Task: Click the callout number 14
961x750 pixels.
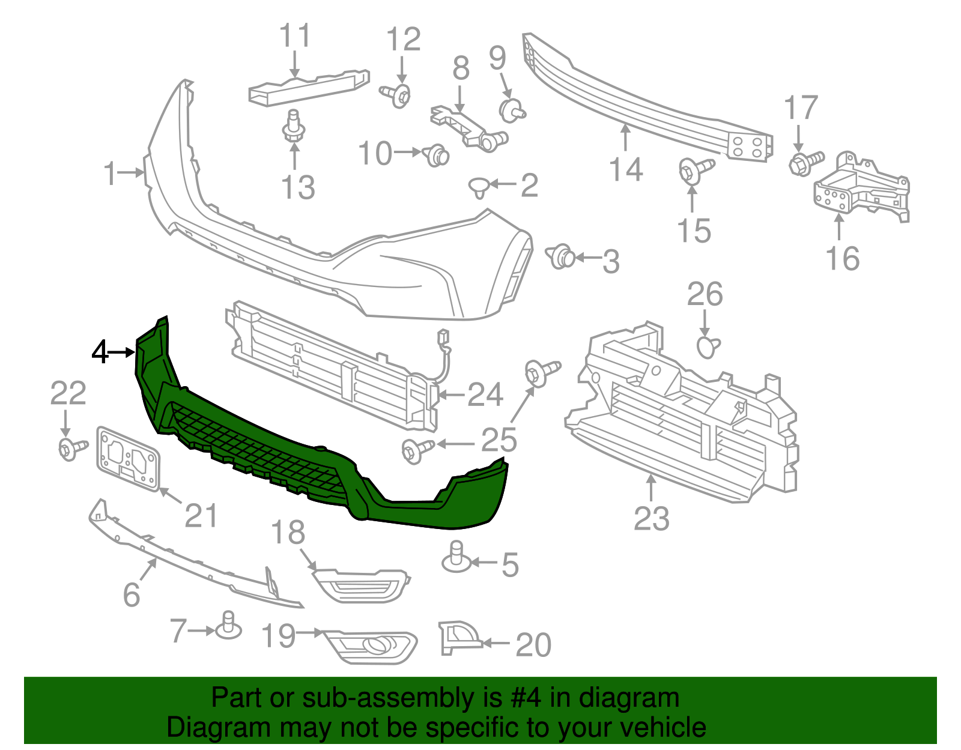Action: pyautogui.click(x=626, y=169)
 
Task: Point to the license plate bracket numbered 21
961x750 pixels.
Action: pyautogui.click(x=129, y=459)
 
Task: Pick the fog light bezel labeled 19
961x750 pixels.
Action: pyautogui.click(x=371, y=646)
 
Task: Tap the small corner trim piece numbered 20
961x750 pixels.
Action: pyautogui.click(x=458, y=638)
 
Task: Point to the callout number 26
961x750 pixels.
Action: pyautogui.click(x=705, y=294)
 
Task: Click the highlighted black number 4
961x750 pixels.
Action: pyautogui.click(x=100, y=352)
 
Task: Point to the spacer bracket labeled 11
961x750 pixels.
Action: pyautogui.click(x=308, y=87)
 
